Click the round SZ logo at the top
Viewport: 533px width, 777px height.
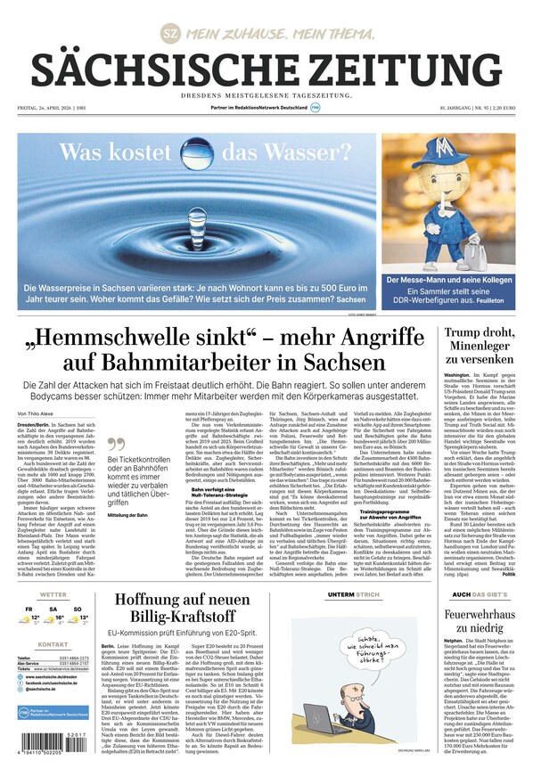tap(169, 34)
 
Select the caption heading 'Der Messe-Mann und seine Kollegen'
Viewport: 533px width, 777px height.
tap(448, 280)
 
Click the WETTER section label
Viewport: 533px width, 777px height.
tap(53, 594)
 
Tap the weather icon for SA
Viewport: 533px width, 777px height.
tap(53, 618)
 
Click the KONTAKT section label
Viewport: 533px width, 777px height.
tap(53, 644)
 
